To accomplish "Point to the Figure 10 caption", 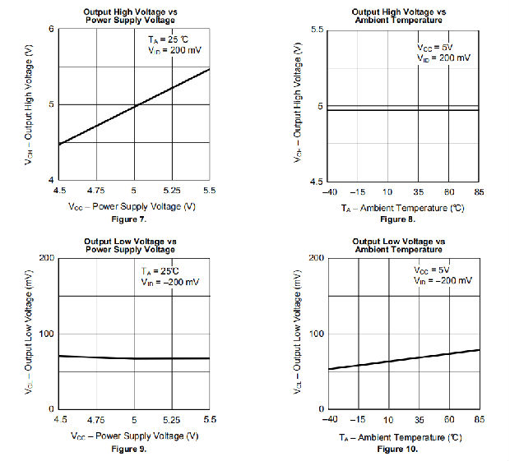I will tap(398, 449).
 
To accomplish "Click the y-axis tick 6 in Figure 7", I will tap(51, 30).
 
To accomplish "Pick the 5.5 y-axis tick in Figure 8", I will tap(315, 30).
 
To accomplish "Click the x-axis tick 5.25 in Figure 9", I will tap(172, 419).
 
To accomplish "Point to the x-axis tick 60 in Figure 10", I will tap(449, 419).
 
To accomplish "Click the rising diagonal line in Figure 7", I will tap(134, 105).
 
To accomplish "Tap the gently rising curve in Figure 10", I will tap(403, 359).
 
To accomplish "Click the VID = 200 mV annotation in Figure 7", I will tap(169, 51).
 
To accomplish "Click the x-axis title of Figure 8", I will tap(402, 209).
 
